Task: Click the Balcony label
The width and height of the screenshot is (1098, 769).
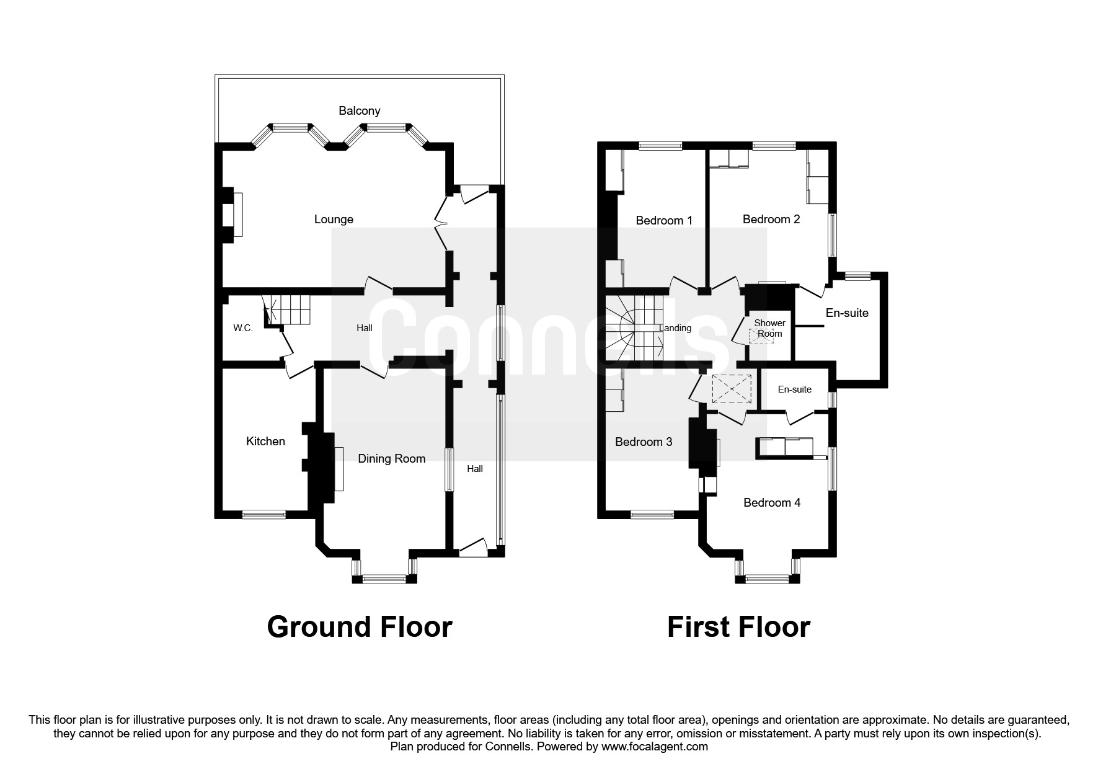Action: coord(359,111)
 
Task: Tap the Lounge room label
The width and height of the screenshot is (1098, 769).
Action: coord(334,220)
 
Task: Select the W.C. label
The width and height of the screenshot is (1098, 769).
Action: coord(243,328)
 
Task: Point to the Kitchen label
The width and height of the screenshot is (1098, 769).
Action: coord(265,442)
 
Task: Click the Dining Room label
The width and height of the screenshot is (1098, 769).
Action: coord(391,459)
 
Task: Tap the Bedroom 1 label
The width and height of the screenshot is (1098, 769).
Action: coord(664,221)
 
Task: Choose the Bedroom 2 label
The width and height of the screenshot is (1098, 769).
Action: coord(771,220)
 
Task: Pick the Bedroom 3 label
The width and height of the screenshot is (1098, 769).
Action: coord(643,442)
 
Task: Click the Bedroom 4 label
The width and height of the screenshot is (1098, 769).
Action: coord(771,503)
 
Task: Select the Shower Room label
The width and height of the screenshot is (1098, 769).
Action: coord(769,328)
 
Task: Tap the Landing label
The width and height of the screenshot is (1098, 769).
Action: coord(675,328)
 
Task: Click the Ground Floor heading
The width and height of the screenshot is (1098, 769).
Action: coord(359,627)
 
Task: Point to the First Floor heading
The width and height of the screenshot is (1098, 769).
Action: coord(738,627)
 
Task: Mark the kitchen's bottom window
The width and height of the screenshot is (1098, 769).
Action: coord(263,514)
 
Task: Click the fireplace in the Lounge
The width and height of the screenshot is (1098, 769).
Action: coord(234,214)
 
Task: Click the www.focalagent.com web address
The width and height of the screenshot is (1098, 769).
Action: coord(654,747)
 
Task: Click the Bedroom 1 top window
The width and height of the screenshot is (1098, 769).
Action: coord(660,146)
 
